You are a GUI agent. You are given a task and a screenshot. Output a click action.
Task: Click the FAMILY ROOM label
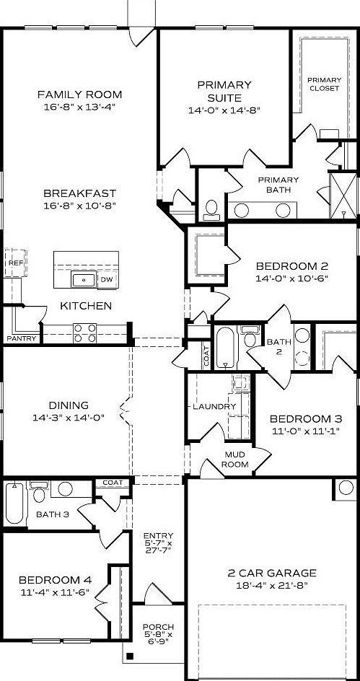coord(79,95)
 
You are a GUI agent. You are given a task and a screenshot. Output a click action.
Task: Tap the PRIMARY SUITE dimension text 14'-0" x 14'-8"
coord(224,110)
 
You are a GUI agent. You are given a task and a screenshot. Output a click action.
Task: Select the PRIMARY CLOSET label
coord(324,84)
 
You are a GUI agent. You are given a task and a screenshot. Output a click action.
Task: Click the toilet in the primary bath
coord(211,208)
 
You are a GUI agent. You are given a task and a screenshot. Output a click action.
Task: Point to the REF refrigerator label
coord(15,264)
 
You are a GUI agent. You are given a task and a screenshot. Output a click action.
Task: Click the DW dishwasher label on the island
coord(106,279)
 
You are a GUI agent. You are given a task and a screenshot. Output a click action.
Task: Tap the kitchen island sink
coord(84,279)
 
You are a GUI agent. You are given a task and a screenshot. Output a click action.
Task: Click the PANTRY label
coord(21,338)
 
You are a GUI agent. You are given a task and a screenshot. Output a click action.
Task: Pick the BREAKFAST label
coord(79,193)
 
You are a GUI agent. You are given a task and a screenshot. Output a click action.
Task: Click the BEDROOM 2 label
coord(292,265)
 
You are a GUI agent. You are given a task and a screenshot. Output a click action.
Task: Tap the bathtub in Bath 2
coord(224,346)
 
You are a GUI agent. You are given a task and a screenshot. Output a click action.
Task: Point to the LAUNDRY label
coord(214,407)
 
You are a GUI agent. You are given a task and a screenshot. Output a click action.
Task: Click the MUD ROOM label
coord(236,460)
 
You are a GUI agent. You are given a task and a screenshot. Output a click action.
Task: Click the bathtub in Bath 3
coord(14,504)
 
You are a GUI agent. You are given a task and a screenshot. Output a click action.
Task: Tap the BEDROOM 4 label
coord(55,579)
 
